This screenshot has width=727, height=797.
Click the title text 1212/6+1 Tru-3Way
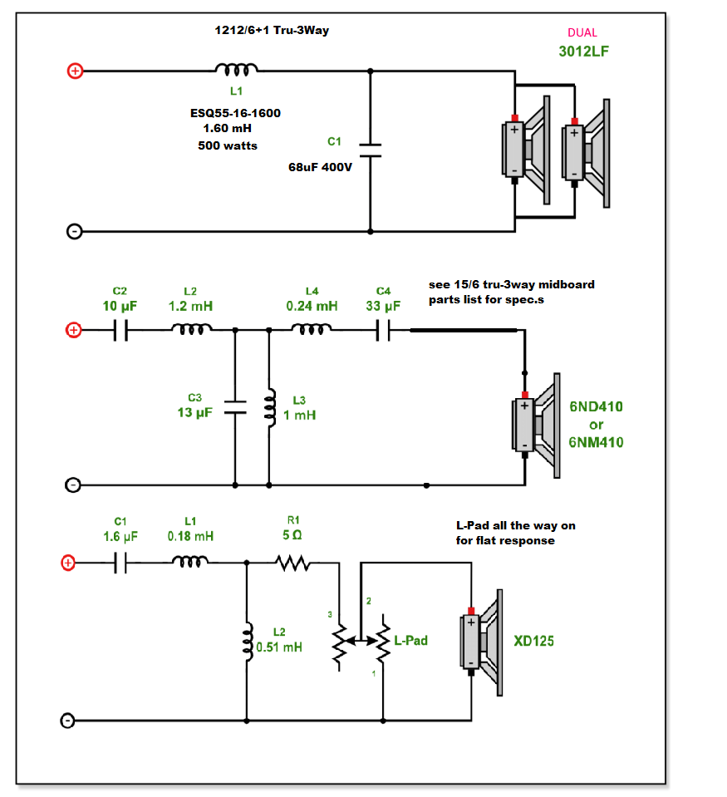pos(272,31)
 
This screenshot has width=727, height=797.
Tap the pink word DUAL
pos(582,32)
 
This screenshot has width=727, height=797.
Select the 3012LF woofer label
pos(584,52)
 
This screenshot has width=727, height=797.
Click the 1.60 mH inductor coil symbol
pos(236,70)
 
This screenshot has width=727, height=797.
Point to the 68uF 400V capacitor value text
pos(320,167)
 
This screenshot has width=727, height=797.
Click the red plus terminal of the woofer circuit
pos(75,71)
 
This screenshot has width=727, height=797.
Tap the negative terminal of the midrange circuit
pos(73,485)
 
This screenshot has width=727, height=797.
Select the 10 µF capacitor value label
pos(120,306)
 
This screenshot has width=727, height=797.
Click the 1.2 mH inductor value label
pos(190,306)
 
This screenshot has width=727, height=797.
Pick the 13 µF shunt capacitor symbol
pos(235,407)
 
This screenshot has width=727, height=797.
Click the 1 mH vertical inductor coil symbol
pos(270,408)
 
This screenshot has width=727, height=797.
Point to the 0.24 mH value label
pos(312,306)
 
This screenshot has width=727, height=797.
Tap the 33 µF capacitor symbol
pos(383,331)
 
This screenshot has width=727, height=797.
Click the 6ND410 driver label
pos(596,406)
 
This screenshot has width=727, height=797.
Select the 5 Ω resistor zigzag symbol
pos(293,563)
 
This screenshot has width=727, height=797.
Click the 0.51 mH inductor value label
pos(279,647)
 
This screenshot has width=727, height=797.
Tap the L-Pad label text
pos(411,641)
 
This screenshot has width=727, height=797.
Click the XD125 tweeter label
pos(534,641)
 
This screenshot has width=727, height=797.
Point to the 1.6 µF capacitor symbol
pos(120,563)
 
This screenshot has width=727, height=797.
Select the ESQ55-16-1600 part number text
pos(235,113)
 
